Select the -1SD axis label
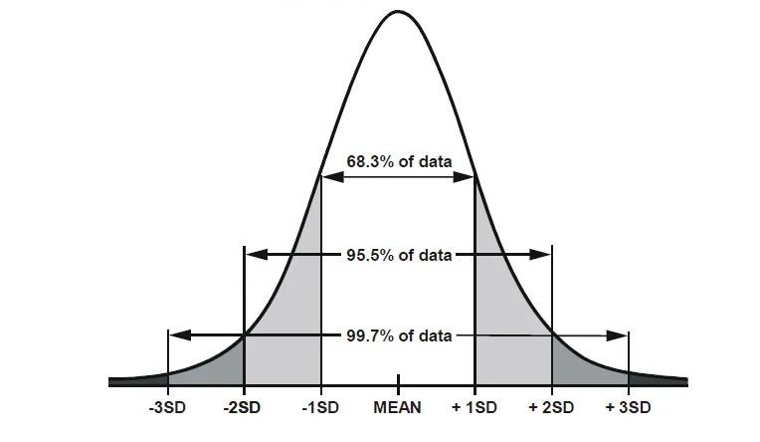tap(321, 408)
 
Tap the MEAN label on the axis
tap(398, 408)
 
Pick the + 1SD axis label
tap(475, 408)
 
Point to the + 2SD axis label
tap(551, 408)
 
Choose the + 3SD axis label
tap(628, 408)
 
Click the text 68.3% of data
tap(398, 159)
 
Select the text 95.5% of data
tap(398, 255)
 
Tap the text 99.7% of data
tap(398, 334)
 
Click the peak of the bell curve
tap(398, 12)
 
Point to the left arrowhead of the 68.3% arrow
tap(329, 177)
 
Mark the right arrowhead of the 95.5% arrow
tap(542, 254)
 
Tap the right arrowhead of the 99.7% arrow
tap(620, 334)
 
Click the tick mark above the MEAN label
tap(398, 381)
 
